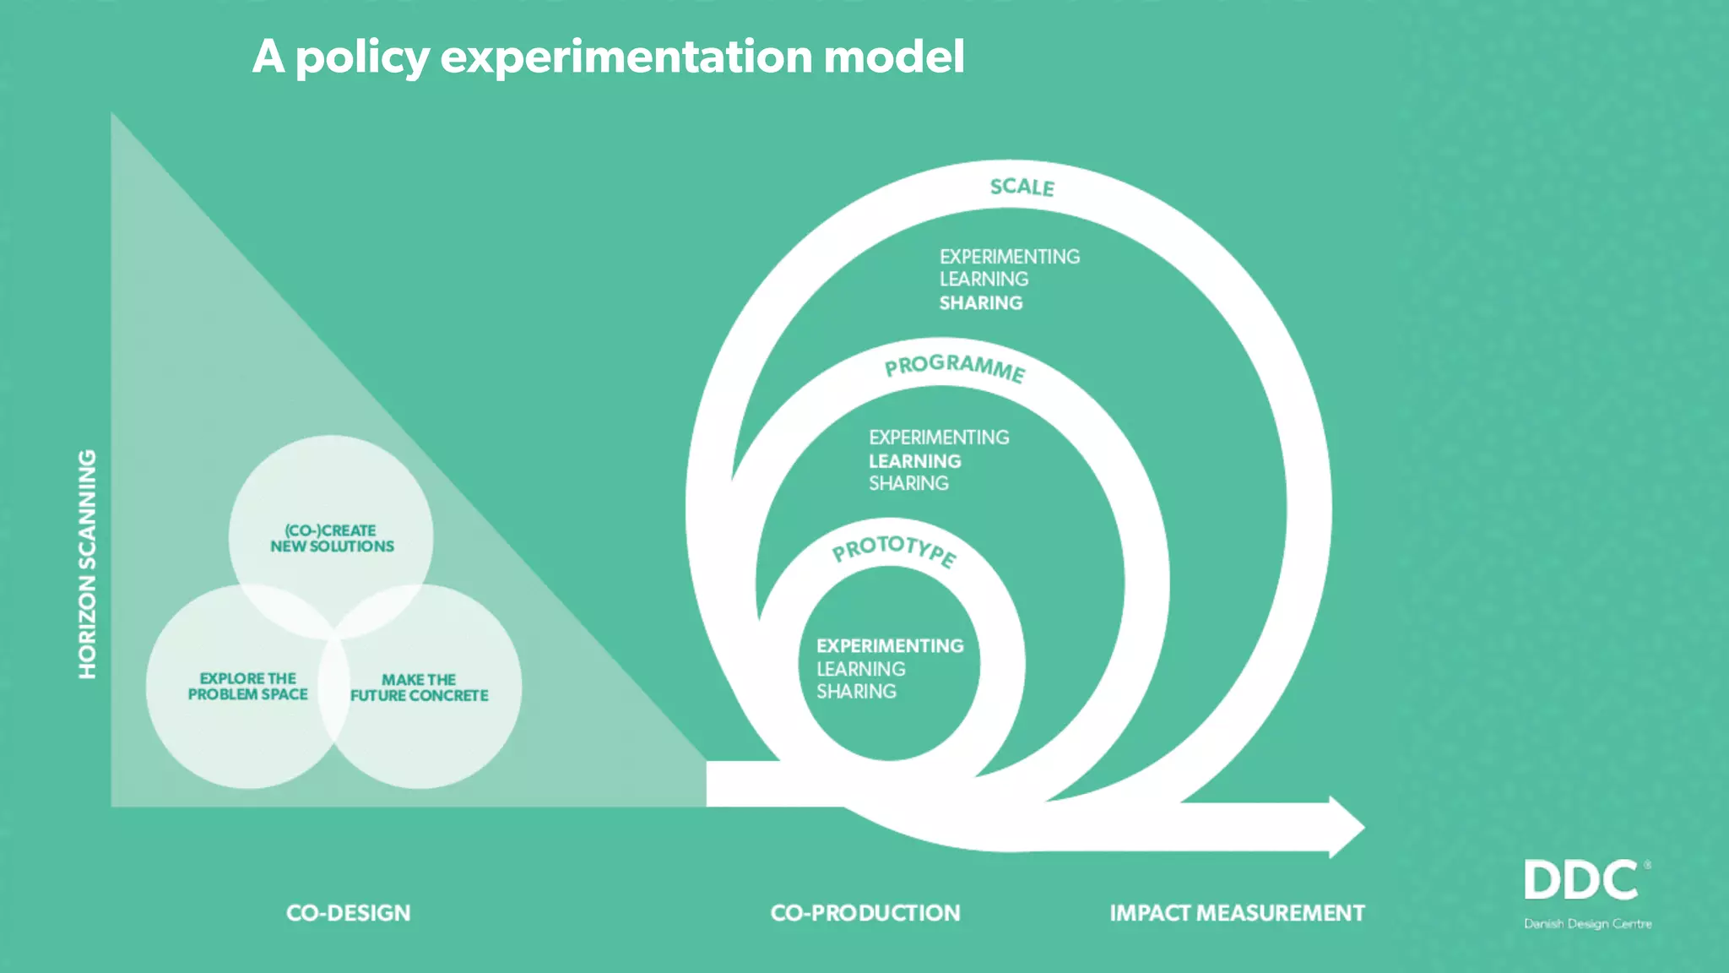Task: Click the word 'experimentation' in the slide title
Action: click(626, 57)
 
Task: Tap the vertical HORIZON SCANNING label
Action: click(88, 563)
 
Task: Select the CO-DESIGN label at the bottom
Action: click(348, 913)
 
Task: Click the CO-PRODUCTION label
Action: click(865, 913)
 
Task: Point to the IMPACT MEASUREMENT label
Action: click(1237, 913)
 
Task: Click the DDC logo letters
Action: click(1581, 881)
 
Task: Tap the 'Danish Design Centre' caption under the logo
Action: click(1587, 924)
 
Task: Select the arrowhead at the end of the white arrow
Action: click(1346, 827)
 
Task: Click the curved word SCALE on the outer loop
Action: click(1022, 187)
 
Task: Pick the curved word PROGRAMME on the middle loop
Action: click(955, 367)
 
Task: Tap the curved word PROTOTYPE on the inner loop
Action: click(894, 550)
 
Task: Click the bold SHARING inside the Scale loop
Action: click(980, 302)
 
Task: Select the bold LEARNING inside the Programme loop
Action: click(914, 461)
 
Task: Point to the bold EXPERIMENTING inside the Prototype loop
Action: click(890, 646)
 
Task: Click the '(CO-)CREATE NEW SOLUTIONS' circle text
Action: click(332, 538)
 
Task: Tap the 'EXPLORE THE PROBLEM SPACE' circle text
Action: click(247, 686)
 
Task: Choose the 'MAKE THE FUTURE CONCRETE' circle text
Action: click(419, 688)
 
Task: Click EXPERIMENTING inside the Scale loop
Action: click(1009, 257)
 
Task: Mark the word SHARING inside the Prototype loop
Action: click(856, 692)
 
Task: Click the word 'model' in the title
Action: click(893, 57)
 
